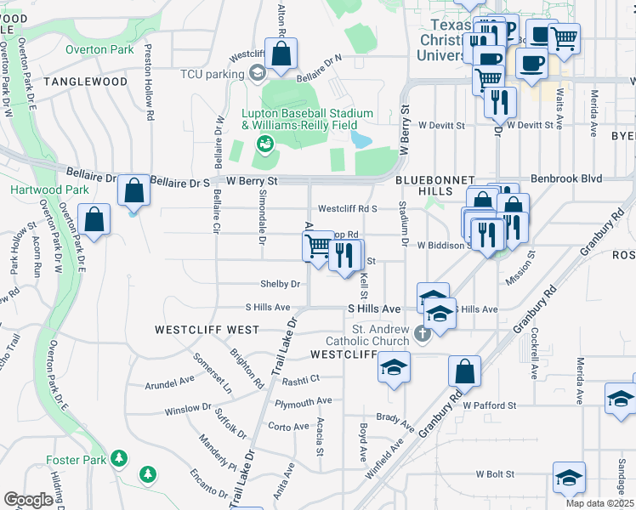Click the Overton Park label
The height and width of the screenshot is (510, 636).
click(x=100, y=49)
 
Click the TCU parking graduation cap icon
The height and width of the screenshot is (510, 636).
click(x=256, y=74)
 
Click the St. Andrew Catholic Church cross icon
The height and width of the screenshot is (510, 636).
click(x=423, y=335)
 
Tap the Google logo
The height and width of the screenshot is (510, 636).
click(x=29, y=500)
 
